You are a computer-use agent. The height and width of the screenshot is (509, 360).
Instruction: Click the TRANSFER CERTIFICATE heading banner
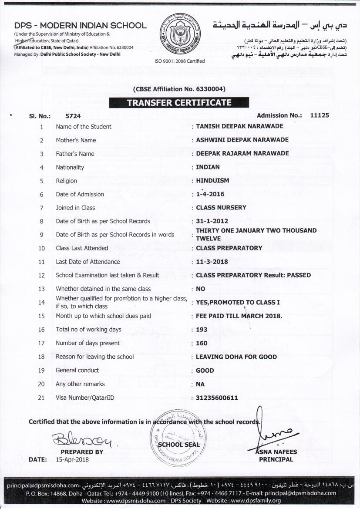click(x=179, y=103)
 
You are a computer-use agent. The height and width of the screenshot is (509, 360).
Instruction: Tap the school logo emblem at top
click(x=179, y=33)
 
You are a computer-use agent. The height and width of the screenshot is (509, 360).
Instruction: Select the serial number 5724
click(x=73, y=116)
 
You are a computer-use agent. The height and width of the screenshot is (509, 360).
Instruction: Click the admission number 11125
click(x=320, y=115)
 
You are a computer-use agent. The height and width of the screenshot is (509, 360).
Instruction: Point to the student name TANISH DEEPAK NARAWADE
click(x=239, y=126)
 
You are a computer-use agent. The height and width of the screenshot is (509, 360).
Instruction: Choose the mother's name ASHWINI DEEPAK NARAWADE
click(x=242, y=140)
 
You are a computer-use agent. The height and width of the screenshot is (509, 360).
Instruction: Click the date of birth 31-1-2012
click(x=212, y=221)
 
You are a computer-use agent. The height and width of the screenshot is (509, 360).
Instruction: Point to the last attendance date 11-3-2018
click(x=212, y=262)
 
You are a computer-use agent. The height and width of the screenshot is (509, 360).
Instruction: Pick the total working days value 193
click(x=202, y=330)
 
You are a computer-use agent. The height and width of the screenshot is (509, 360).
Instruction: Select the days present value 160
click(x=202, y=343)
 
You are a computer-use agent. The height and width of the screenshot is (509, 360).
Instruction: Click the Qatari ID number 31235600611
click(x=217, y=398)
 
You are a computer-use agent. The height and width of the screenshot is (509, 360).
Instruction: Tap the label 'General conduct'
click(x=77, y=370)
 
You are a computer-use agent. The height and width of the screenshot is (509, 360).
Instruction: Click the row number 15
click(x=42, y=316)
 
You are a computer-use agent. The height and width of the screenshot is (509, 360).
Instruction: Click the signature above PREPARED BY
click(x=81, y=441)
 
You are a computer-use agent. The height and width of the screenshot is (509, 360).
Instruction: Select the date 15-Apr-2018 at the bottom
click(x=72, y=459)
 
